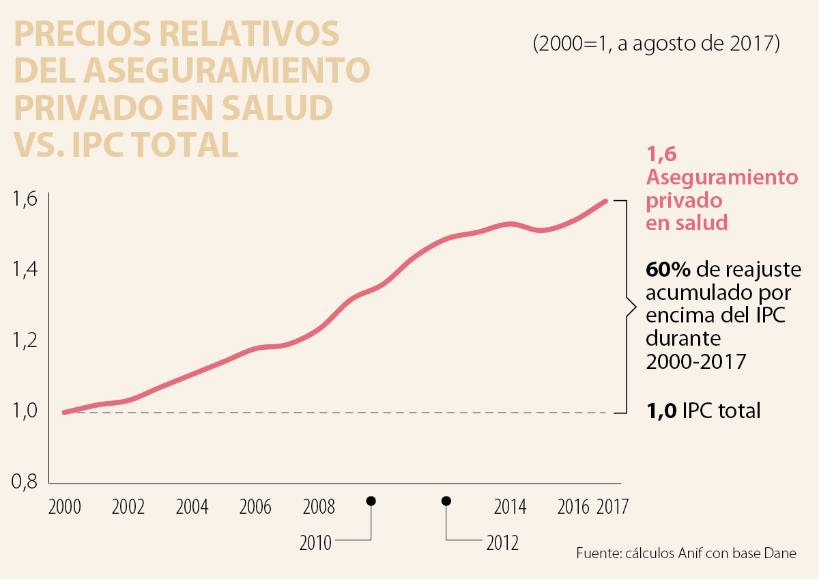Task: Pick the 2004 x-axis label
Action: pyautogui.click(x=192, y=508)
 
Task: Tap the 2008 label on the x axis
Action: pyautogui.click(x=319, y=508)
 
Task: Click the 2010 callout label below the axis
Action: pyautogui.click(x=315, y=544)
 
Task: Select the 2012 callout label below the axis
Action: pyautogui.click(x=502, y=544)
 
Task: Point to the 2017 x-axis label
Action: pyautogui.click(x=612, y=508)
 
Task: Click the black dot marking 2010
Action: pyautogui.click(x=371, y=501)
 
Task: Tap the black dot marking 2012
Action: pyautogui.click(x=446, y=501)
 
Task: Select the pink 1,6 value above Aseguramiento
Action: pyautogui.click(x=661, y=155)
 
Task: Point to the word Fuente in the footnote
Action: pyautogui.click(x=597, y=553)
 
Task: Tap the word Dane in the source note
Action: pyautogui.click(x=779, y=553)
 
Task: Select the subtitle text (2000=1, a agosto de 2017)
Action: pyautogui.click(x=656, y=43)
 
